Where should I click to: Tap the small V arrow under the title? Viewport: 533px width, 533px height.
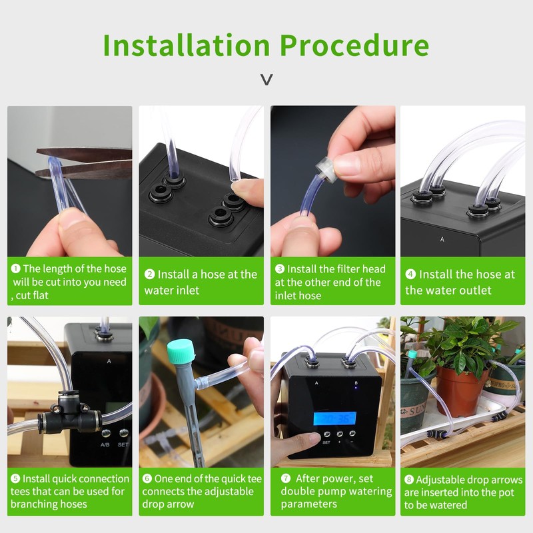(266, 80)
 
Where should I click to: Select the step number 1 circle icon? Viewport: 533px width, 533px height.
(16, 269)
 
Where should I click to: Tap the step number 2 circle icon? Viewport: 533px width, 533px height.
(149, 274)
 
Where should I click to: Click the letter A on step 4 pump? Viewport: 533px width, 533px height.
(442, 238)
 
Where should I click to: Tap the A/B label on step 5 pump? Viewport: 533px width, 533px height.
(105, 444)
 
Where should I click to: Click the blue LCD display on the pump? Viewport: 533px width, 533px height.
(334, 418)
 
